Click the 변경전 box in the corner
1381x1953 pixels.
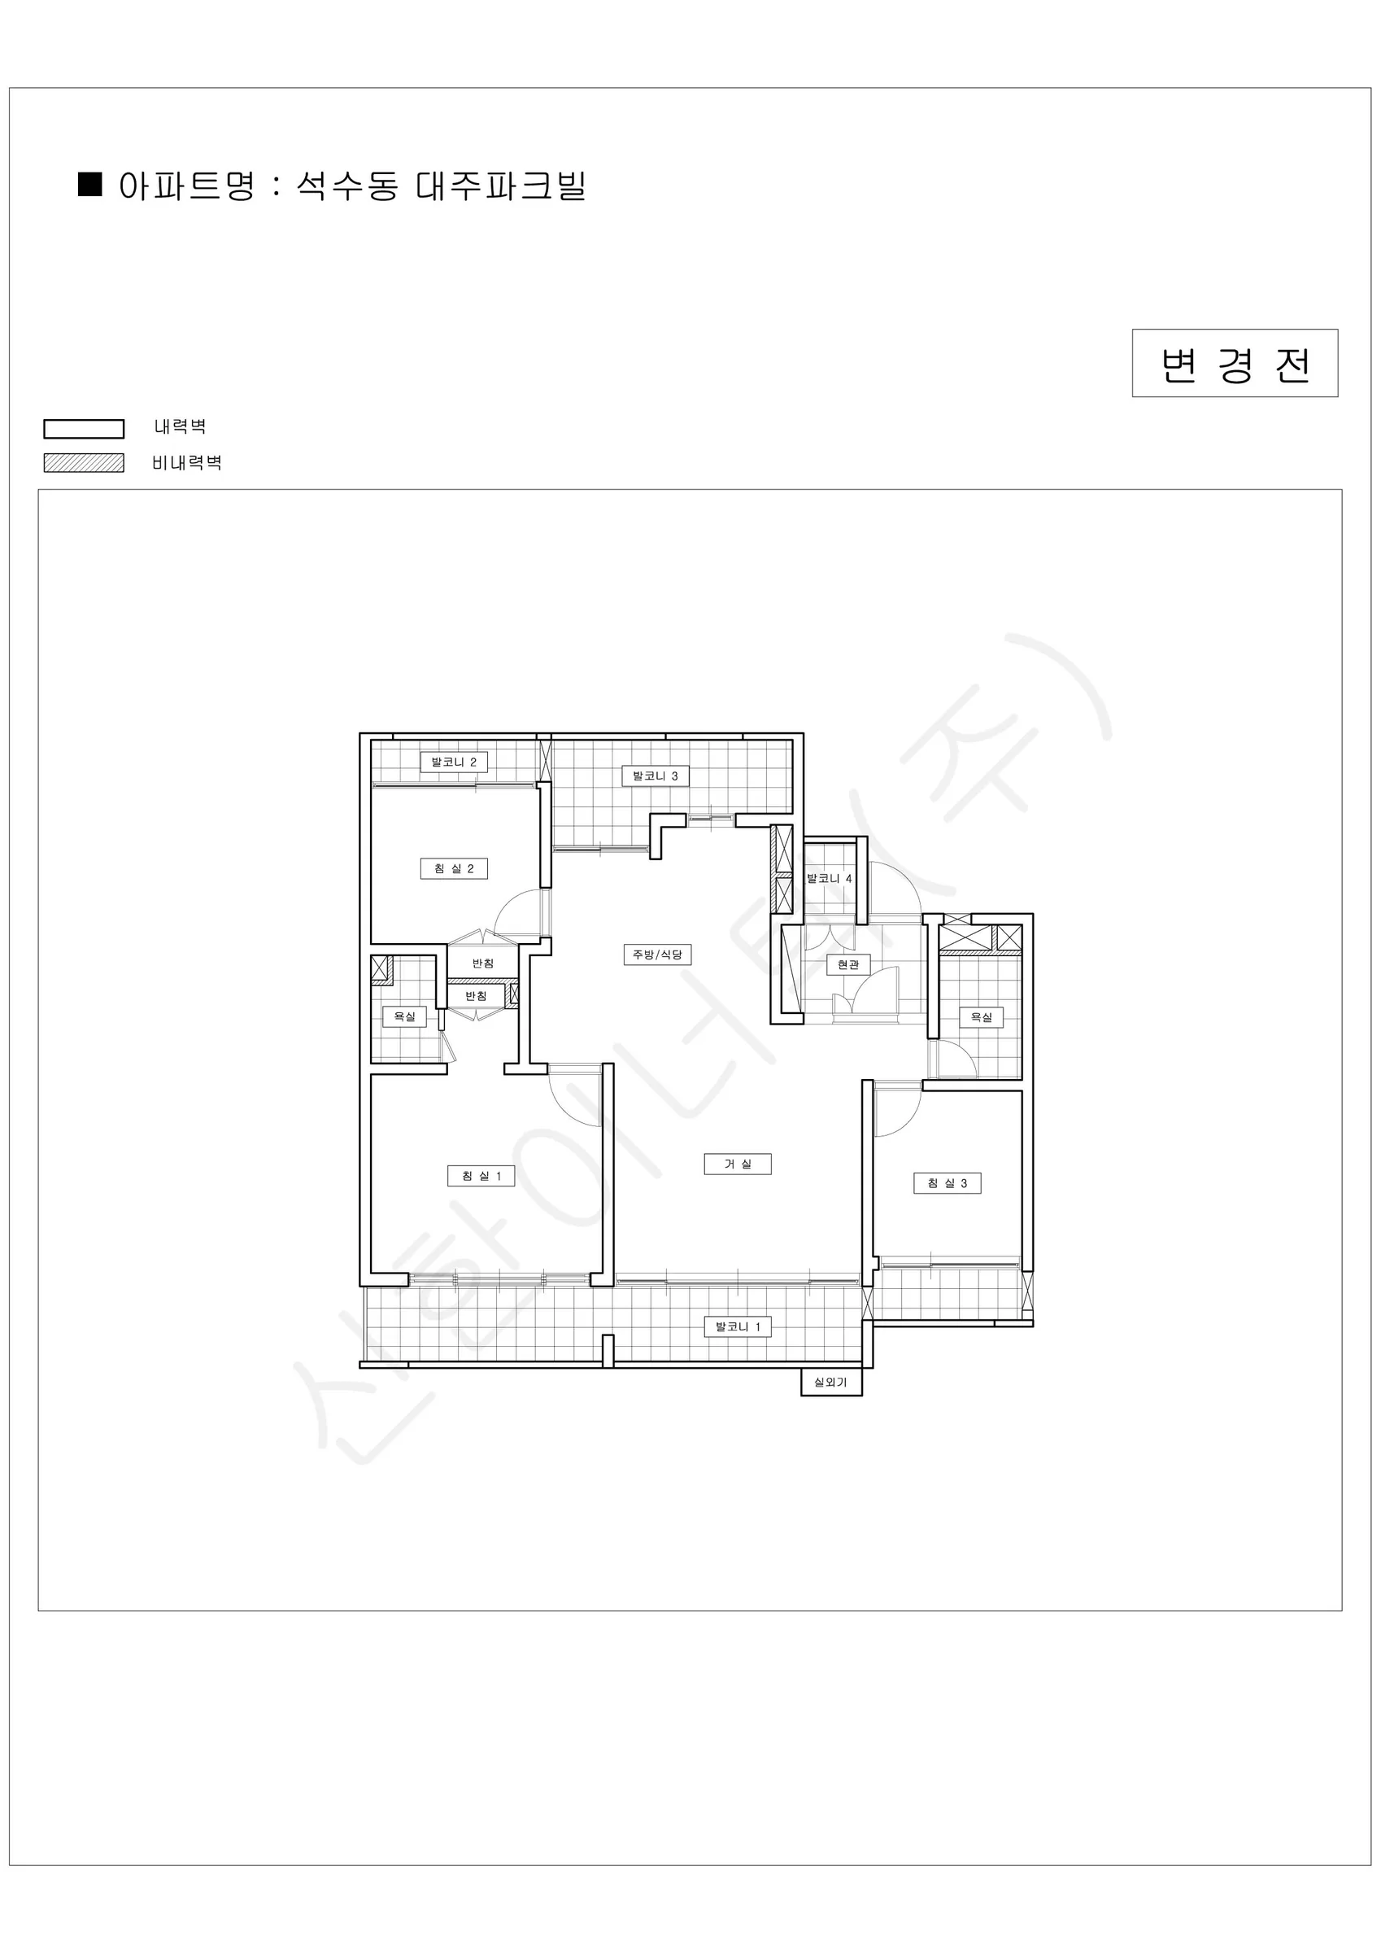pos(1235,363)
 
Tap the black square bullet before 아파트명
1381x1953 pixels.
pos(90,184)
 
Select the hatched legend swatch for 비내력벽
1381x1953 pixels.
pos(85,463)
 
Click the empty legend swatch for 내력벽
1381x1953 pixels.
pos(85,429)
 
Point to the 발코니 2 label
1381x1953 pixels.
pos(454,762)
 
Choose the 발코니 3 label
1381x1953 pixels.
pos(656,776)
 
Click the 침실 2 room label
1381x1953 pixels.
pos(454,868)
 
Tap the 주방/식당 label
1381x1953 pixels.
pos(657,955)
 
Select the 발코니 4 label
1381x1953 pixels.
pos(829,878)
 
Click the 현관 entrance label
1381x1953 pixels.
pos(848,964)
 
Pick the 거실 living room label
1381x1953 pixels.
pos(738,1164)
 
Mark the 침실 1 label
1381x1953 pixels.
pos(481,1176)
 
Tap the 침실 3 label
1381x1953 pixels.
pos(948,1183)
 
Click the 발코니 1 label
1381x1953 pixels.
pos(738,1326)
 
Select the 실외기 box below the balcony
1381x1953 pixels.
pos(832,1383)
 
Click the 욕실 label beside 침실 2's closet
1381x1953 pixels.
pos(405,1016)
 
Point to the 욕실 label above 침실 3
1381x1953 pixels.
pos(982,1017)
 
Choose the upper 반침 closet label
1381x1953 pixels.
pos(483,963)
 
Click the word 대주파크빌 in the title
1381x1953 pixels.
pos(502,186)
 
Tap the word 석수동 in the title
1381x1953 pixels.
pos(347,186)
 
